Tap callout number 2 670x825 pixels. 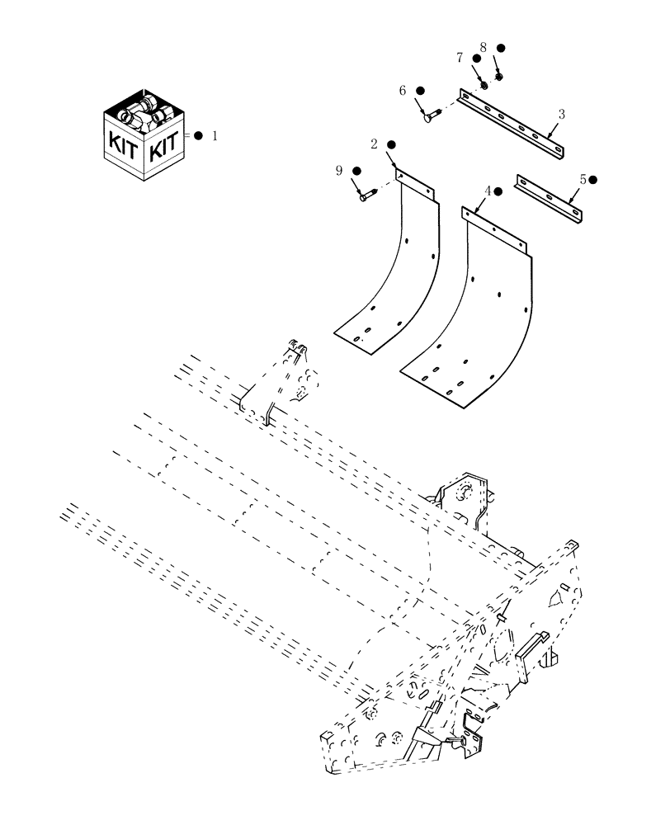pyautogui.click(x=374, y=144)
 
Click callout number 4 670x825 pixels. pyautogui.click(x=488, y=191)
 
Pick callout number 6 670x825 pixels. pyautogui.click(x=403, y=91)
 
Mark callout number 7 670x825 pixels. pyautogui.click(x=460, y=58)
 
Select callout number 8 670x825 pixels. pyautogui.click(x=484, y=48)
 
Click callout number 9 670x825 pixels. pyautogui.click(x=338, y=171)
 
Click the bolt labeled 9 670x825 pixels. pyautogui.click(x=368, y=196)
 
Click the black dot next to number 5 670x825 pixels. pyautogui.click(x=593, y=179)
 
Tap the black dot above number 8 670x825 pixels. pyautogui.click(x=500, y=49)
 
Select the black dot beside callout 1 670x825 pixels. pyautogui.click(x=198, y=136)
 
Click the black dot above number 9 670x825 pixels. pyautogui.click(x=356, y=171)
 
